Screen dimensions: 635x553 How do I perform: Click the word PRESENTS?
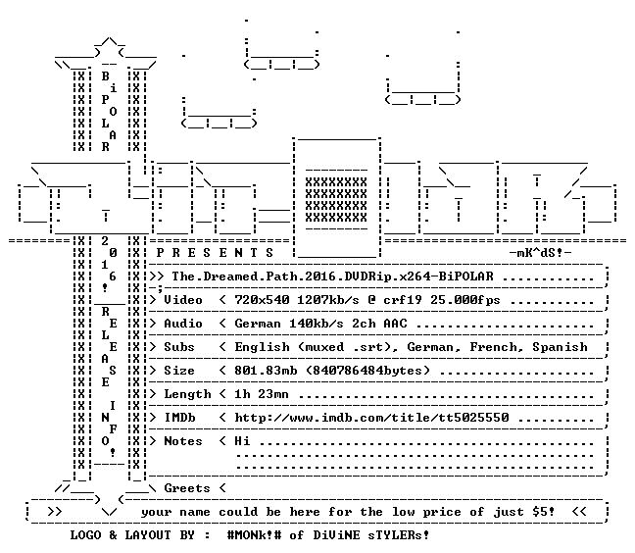(x=215, y=253)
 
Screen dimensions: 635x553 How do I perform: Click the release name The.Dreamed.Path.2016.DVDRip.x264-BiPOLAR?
(x=332, y=276)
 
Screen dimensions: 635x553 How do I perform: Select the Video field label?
(x=183, y=300)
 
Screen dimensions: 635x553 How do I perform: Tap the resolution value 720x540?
(x=262, y=300)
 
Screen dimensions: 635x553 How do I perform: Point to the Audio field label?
(x=183, y=324)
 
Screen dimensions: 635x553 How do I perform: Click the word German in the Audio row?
(x=258, y=324)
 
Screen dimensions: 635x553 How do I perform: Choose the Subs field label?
(x=179, y=347)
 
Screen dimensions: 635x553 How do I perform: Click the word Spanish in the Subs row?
(x=560, y=347)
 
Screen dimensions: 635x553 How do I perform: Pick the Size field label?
(x=179, y=371)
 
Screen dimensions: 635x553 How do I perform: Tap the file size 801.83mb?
(x=266, y=371)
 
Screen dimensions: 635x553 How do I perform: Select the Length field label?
(x=187, y=394)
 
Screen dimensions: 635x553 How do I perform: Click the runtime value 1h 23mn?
(x=262, y=394)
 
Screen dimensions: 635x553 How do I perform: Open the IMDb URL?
(x=371, y=418)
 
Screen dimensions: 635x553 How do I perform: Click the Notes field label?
(x=183, y=441)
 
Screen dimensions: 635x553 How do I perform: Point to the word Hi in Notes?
(x=242, y=441)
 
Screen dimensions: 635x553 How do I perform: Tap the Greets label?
(x=187, y=487)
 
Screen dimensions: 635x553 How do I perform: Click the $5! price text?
(x=544, y=511)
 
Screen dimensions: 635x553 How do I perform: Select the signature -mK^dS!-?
(x=540, y=253)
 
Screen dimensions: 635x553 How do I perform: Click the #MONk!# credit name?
(x=255, y=534)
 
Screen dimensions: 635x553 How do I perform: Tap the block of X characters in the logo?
(x=336, y=199)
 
